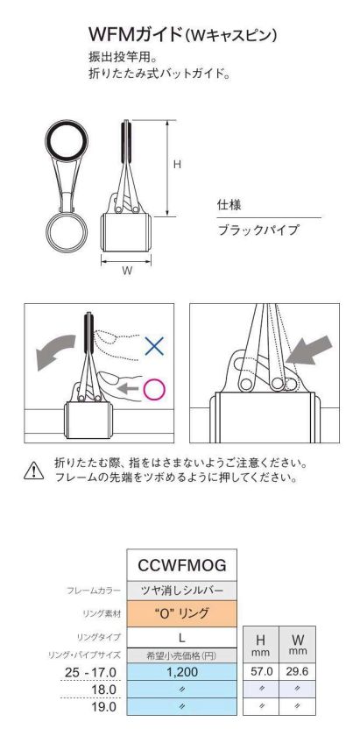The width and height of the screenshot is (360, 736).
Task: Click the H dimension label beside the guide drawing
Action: pos(176,165)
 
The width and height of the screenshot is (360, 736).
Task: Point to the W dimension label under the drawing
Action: pos(127,271)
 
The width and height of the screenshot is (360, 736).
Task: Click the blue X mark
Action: pos(154,345)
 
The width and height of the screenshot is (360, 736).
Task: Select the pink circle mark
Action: pos(154,389)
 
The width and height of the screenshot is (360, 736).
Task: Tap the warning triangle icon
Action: pos(34,471)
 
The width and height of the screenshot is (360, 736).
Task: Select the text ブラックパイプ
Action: pos(258,230)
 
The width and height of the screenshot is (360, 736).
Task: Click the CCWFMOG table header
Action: pos(181,564)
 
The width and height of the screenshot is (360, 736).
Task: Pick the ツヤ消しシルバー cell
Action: pos(181,591)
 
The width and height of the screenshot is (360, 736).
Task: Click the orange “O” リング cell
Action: pos(181,613)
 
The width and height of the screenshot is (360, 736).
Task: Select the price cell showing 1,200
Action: pos(181,672)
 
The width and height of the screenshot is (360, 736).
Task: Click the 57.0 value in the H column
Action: pos(261,672)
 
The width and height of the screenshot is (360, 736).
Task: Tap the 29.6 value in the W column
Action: pos(297,672)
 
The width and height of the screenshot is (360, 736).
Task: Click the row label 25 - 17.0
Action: pos(89,672)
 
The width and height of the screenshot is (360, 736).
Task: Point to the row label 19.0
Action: pos(105,706)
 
